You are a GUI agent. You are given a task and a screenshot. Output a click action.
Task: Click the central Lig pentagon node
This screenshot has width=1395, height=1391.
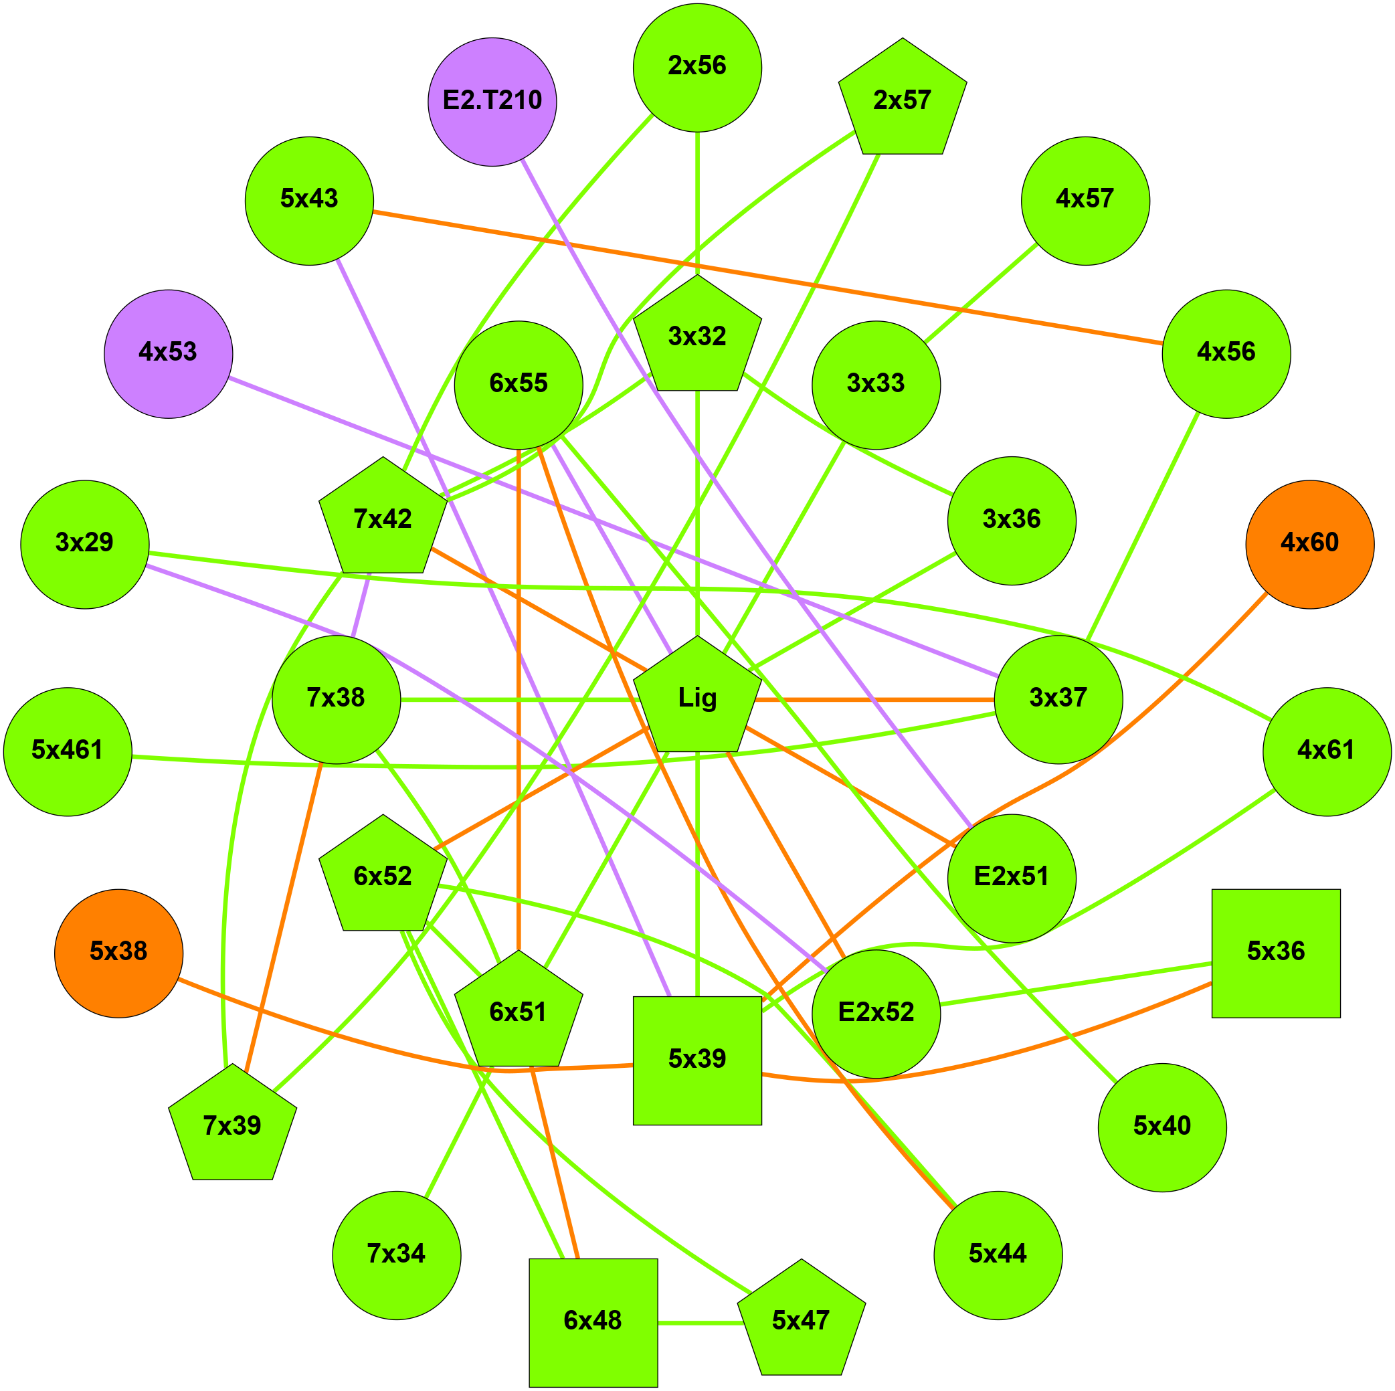696,699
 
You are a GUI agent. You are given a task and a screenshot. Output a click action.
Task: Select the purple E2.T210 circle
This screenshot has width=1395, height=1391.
492,102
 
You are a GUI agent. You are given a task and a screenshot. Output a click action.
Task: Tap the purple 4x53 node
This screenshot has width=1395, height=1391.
168,354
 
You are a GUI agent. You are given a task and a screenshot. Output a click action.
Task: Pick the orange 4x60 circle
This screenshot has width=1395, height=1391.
1309,545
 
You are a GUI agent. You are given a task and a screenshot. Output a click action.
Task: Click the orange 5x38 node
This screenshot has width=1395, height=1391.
118,953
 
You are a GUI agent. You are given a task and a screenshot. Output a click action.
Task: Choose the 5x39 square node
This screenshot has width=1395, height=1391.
696,1060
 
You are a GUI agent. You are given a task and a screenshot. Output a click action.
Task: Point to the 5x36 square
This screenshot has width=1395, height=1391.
1275,953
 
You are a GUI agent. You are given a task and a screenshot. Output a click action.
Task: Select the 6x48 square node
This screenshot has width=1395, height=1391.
593,1322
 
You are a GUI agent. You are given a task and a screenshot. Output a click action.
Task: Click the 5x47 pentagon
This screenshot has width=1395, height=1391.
801,1321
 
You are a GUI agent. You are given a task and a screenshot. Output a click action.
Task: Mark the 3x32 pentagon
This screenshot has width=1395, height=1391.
696,337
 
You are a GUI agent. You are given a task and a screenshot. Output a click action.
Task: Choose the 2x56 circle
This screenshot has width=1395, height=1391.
696,68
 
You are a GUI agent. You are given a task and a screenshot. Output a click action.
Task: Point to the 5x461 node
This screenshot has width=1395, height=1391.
68,751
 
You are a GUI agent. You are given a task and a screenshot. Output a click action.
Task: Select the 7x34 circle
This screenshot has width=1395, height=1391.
396,1255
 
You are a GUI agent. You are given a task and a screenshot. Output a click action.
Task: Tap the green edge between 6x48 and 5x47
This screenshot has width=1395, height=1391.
697,1322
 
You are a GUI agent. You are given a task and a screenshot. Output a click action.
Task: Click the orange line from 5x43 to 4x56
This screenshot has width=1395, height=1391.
765,276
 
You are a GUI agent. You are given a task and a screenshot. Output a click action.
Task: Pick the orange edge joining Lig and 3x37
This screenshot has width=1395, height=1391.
874,699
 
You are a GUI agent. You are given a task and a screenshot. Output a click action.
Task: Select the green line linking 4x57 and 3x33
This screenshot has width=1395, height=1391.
981,293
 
